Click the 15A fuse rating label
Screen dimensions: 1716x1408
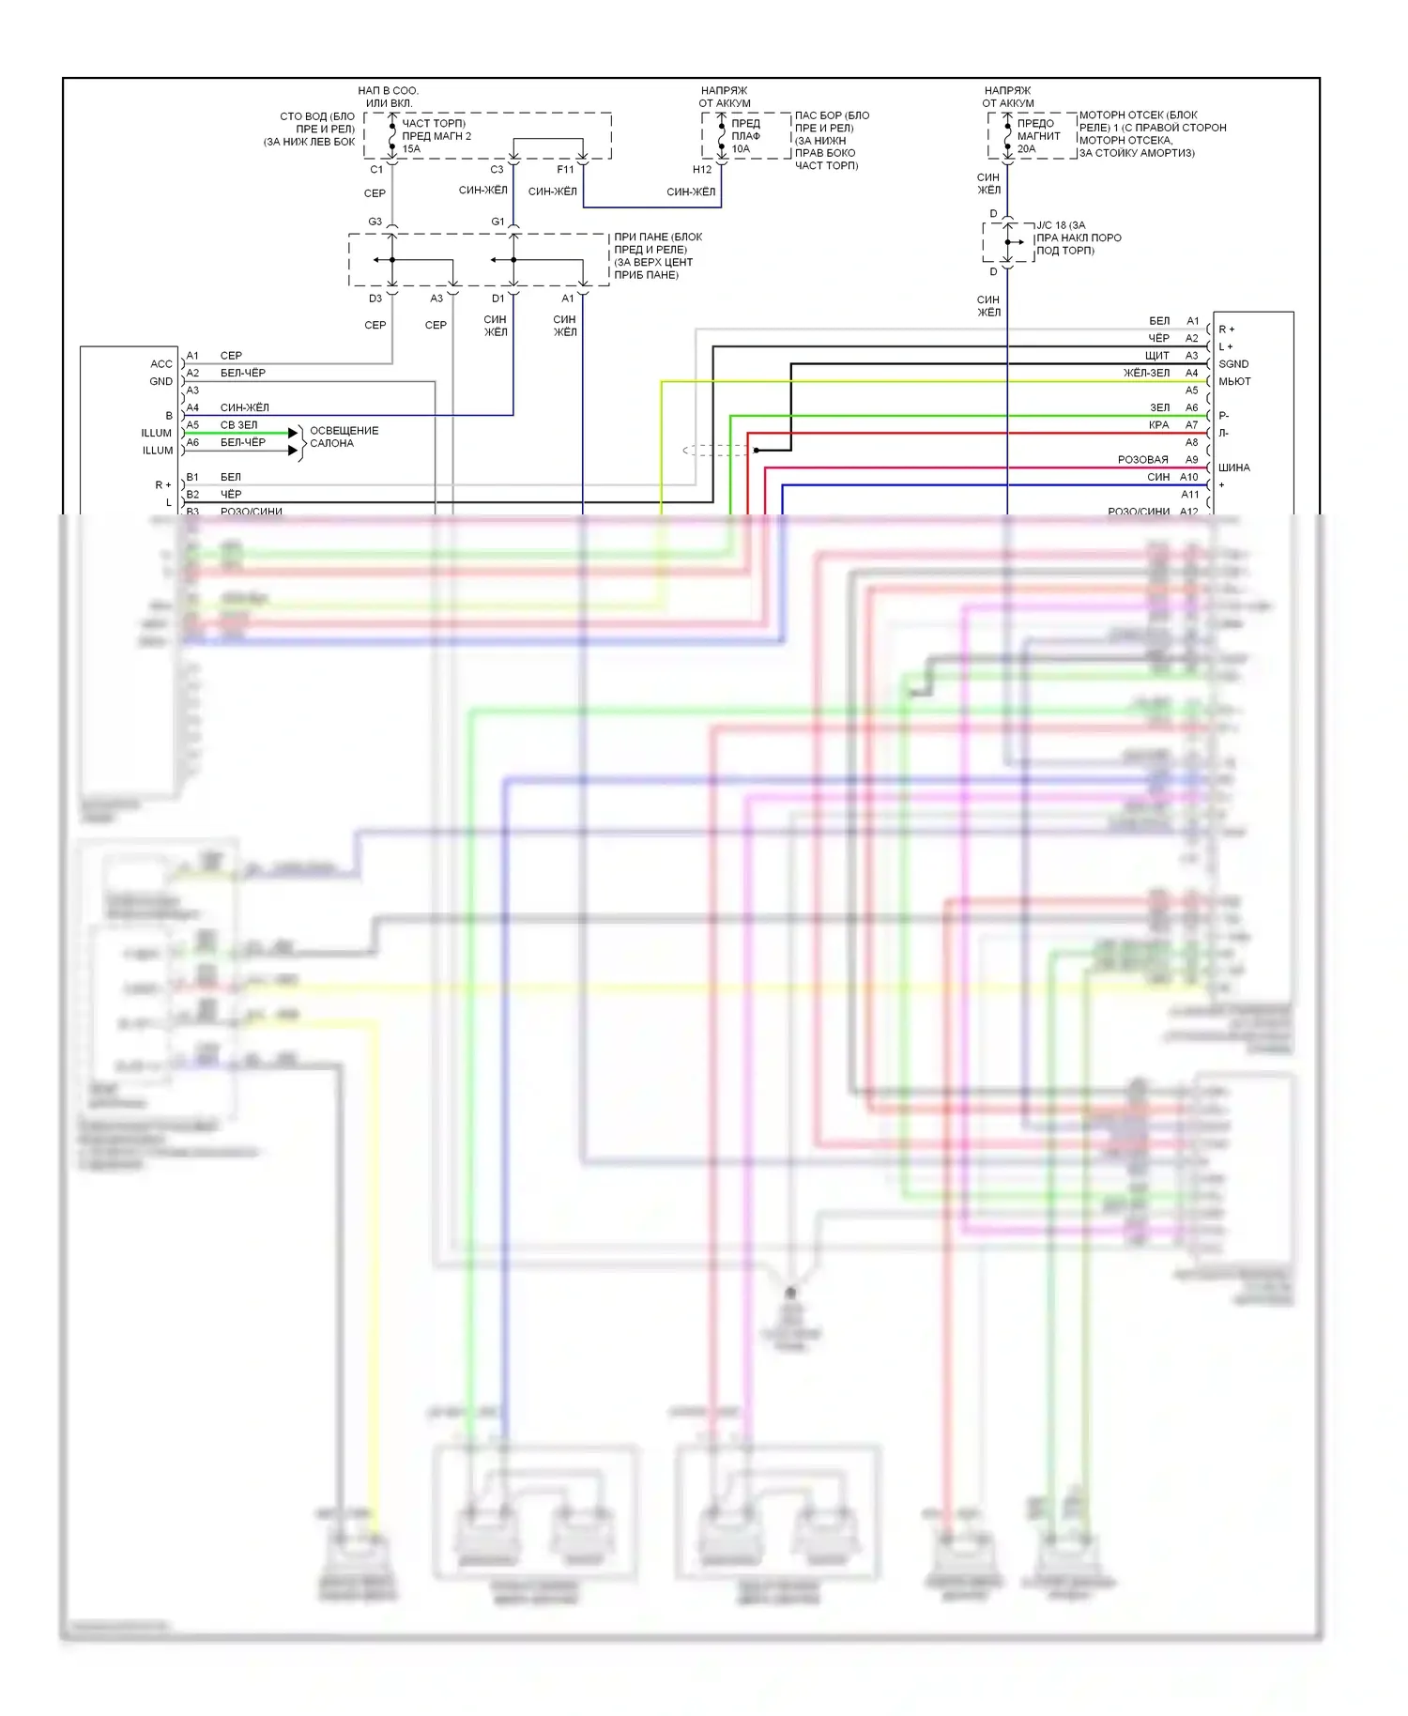click(411, 149)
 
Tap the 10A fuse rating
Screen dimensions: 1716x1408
click(741, 149)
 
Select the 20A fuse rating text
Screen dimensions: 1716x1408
click(1026, 149)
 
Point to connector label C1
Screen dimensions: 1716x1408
click(376, 170)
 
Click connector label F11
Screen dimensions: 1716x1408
click(565, 170)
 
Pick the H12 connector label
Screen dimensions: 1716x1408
click(702, 170)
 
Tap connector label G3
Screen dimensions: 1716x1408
click(375, 222)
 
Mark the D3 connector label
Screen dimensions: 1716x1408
click(375, 299)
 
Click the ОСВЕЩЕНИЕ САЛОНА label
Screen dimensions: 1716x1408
click(344, 437)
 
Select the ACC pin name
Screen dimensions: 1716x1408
click(161, 364)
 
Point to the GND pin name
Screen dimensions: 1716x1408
click(161, 382)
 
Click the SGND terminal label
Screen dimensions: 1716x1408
click(1233, 364)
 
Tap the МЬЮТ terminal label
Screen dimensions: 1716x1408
click(1234, 382)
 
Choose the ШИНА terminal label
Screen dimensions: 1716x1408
click(1233, 467)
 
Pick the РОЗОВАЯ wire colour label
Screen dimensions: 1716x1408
click(1142, 460)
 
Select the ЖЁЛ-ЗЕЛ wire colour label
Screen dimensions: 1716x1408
click(1146, 374)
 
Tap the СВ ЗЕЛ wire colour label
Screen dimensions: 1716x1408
click(238, 425)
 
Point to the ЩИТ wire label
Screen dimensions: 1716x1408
click(1156, 356)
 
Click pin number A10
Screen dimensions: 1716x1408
click(1189, 477)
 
